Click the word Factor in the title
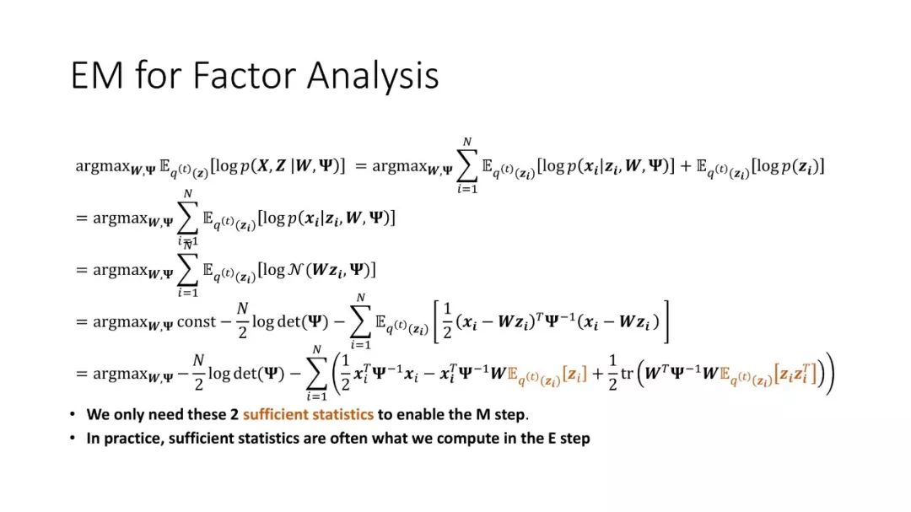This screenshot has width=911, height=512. (244, 75)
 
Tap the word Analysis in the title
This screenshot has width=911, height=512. (373, 76)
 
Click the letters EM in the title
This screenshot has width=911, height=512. (97, 75)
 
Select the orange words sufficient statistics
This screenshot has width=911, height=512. (308, 414)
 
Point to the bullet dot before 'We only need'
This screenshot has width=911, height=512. (73, 414)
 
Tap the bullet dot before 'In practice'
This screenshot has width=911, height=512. (73, 438)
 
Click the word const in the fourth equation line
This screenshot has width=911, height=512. (196, 321)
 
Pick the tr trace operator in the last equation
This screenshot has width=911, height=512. (627, 373)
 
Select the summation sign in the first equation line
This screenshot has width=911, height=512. (467, 166)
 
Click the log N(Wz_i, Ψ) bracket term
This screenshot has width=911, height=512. (316, 270)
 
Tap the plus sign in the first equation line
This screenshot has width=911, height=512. (686, 166)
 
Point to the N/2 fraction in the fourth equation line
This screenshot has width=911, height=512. (242, 321)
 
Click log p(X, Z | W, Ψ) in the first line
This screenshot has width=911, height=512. (278, 166)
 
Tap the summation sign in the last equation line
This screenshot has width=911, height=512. (316, 374)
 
